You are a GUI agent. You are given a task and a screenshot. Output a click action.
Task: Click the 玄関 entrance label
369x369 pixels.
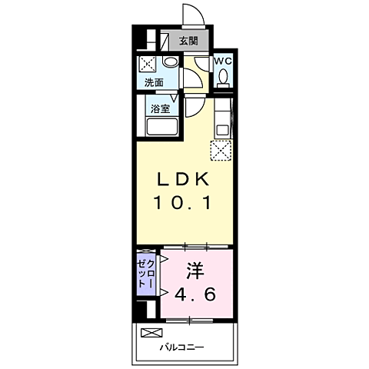(188, 41)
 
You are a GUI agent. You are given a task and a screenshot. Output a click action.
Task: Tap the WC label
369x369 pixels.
(223, 61)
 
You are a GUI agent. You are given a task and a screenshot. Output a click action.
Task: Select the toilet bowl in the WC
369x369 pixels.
(224, 76)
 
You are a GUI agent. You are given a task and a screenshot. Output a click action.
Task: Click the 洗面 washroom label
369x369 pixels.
(154, 82)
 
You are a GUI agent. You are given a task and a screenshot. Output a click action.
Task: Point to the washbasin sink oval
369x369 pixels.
(171, 61)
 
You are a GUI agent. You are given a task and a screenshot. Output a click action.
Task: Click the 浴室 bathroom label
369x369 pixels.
(160, 108)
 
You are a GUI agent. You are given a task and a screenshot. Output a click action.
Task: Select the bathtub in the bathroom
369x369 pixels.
(162, 126)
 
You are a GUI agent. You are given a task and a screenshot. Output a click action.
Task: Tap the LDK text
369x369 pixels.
(183, 179)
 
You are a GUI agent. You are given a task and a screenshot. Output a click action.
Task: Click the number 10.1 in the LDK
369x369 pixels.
(182, 202)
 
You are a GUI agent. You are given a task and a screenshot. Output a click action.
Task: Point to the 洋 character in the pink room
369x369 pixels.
(195, 271)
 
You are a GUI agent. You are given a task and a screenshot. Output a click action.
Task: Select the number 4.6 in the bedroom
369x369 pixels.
(195, 294)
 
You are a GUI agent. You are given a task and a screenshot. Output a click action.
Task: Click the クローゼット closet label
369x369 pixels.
(146, 274)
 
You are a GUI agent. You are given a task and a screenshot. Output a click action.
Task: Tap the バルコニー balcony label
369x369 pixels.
(182, 347)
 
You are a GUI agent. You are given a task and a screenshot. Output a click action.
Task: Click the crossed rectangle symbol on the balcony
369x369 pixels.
(151, 333)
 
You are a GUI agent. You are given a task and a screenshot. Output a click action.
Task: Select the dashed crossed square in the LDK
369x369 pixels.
(221, 151)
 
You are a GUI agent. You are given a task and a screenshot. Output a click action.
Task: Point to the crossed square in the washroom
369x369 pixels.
(148, 64)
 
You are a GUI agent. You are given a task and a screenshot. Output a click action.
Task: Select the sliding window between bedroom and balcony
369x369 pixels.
(189, 321)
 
